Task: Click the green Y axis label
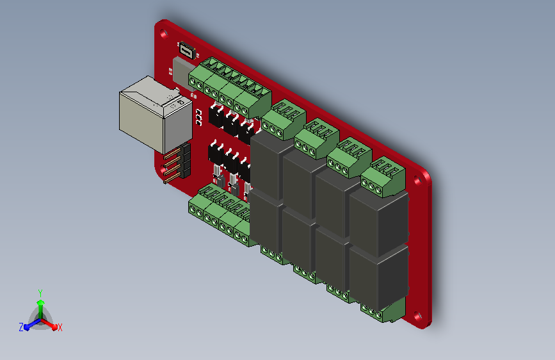tap(40, 293)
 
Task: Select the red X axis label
tap(60, 328)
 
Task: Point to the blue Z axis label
tap(21, 327)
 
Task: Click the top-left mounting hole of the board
tap(163, 34)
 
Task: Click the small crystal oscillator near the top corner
tap(187, 51)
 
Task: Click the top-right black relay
tap(379, 221)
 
